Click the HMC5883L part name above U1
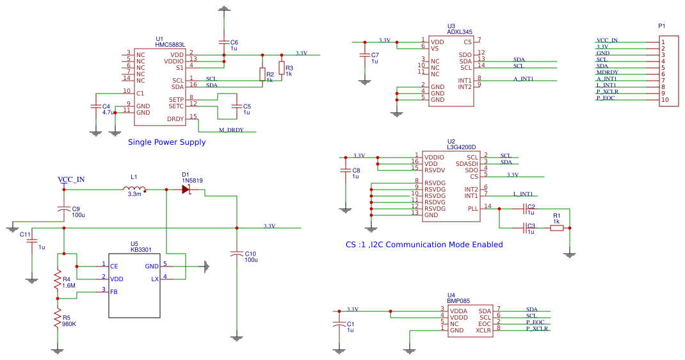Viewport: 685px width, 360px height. pos(170,45)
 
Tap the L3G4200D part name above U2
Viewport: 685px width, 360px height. pos(462,147)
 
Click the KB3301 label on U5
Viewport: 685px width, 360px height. pos(141,249)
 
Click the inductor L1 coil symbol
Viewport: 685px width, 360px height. pos(134,189)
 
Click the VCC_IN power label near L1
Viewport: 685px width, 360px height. pos(71,179)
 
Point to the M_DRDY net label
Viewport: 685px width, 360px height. pos(231,130)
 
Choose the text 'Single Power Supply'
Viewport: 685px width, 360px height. pos(167,142)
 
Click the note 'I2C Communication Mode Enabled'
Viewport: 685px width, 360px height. pos(435,245)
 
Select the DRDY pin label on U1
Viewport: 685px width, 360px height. pos(175,119)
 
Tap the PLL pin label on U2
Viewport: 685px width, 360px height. pos(472,209)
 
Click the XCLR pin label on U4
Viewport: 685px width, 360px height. pos(483,330)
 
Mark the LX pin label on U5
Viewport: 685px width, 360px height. pos(154,279)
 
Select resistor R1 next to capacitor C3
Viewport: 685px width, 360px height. pos(556,227)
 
